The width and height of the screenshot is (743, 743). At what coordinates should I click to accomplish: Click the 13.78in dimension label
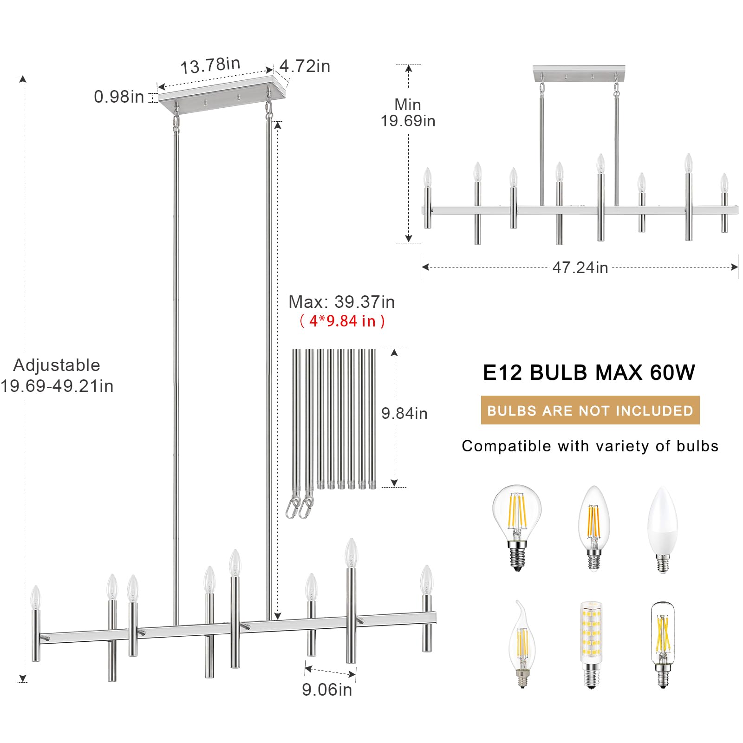tap(210, 65)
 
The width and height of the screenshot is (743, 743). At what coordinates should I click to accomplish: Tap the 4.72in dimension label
tap(305, 66)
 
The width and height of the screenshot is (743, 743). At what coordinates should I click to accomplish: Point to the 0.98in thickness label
tap(119, 97)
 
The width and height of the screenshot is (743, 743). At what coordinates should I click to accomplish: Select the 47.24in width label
tap(580, 267)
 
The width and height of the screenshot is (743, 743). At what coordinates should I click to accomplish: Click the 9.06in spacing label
tap(327, 690)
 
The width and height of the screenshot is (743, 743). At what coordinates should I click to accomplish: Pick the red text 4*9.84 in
tap(342, 321)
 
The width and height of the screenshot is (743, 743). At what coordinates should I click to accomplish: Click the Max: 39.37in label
tap(342, 302)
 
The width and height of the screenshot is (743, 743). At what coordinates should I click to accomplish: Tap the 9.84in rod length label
tap(404, 413)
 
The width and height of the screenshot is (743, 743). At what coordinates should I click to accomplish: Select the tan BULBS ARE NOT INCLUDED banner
tap(590, 410)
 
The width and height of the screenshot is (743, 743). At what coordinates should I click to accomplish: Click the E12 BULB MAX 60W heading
tap(589, 372)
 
